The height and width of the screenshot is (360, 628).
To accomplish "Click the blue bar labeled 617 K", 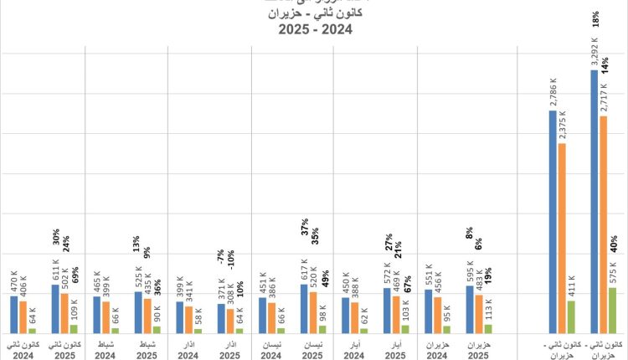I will tap(304, 309).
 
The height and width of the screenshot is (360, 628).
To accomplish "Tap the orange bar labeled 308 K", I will tap(230, 321).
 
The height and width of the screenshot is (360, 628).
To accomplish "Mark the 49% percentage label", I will tap(324, 276).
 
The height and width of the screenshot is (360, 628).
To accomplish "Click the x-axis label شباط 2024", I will tap(106, 348).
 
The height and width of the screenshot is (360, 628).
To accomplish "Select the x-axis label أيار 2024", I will tap(353, 348).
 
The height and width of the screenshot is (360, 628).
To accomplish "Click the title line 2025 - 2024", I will tap(314, 30).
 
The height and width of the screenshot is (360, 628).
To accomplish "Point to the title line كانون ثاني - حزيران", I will tap(314, 13).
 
